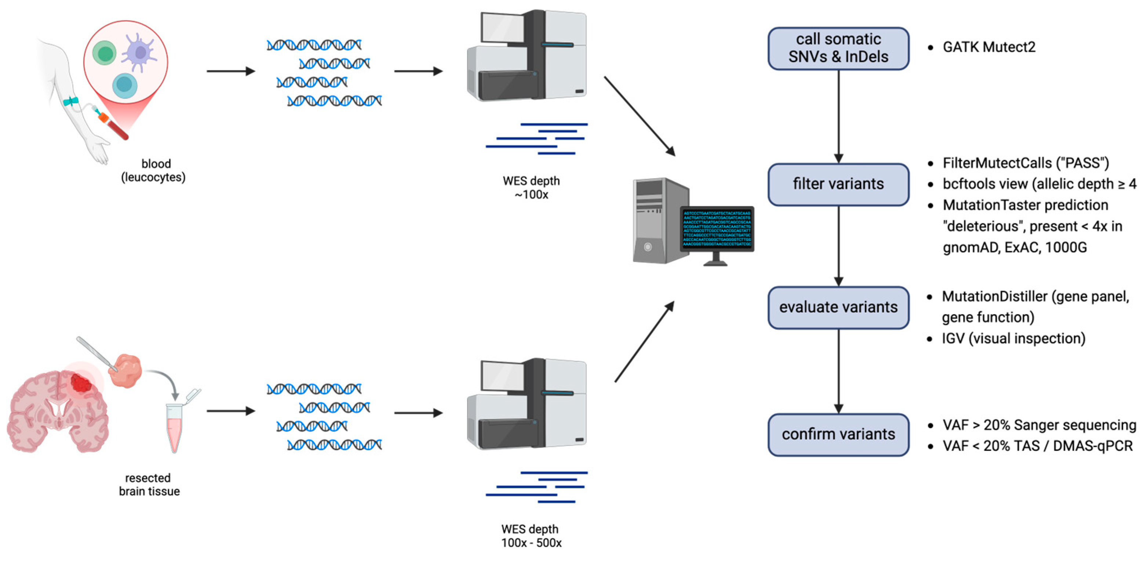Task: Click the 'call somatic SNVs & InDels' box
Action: [838, 48]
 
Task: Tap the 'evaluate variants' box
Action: [838, 307]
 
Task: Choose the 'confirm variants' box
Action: [838, 434]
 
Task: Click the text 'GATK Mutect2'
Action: [988, 47]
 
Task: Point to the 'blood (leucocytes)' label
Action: [154, 170]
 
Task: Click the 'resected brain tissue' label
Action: [149, 484]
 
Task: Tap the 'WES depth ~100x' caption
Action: [531, 188]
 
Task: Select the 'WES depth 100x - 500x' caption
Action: [530, 536]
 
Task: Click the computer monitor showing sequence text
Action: [717, 229]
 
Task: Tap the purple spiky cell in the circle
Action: [139, 52]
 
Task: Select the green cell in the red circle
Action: [104, 53]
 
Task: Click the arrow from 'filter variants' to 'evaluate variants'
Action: [838, 245]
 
